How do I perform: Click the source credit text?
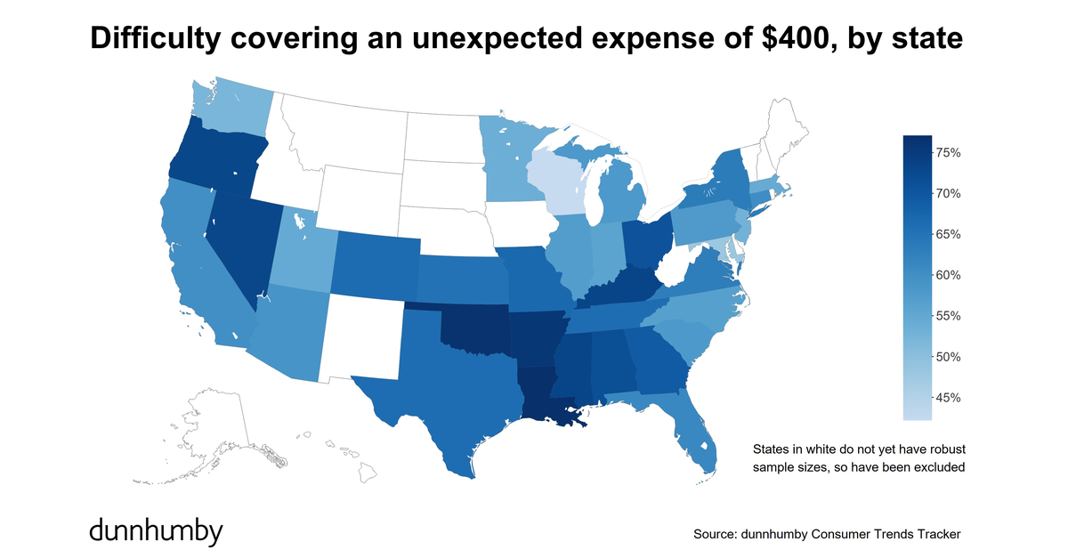coord(827,534)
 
